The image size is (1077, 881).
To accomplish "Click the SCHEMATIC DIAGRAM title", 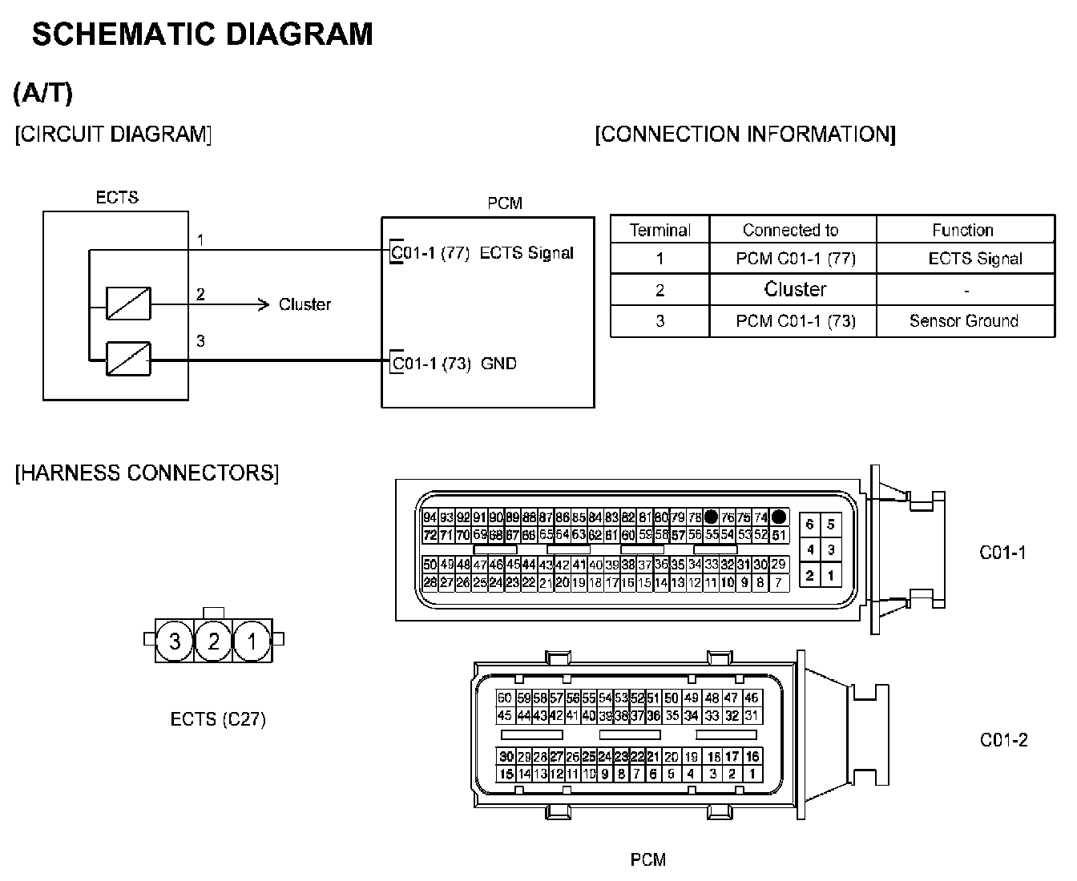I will [202, 34].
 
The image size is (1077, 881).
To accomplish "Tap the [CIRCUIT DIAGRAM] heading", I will [113, 134].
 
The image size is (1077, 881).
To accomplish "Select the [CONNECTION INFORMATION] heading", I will [744, 134].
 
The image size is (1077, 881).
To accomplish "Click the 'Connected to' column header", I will [790, 231].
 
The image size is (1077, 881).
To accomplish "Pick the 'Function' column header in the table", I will [962, 231].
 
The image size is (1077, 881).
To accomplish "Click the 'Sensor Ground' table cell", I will [963, 321].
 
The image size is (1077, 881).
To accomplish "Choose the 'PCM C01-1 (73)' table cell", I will [795, 321].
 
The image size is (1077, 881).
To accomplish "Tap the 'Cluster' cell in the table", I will [795, 289].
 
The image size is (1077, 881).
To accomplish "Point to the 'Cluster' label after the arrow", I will [305, 304].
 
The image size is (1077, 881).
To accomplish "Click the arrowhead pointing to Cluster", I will [263, 304].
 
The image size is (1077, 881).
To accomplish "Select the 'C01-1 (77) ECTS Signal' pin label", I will [482, 253].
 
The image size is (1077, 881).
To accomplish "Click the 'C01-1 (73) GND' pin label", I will [454, 364].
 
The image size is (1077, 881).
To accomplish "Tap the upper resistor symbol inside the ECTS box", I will [128, 304].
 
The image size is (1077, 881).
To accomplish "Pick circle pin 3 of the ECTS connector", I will [174, 641].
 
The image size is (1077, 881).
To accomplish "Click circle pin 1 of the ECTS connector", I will [252, 641].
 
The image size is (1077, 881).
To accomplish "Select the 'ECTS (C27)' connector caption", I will [218, 719].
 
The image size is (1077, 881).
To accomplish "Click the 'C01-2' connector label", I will [1003, 740].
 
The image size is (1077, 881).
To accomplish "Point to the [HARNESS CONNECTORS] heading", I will [147, 473].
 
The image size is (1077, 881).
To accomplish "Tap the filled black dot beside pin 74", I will [779, 517].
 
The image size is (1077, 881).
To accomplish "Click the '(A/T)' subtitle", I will [43, 93].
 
